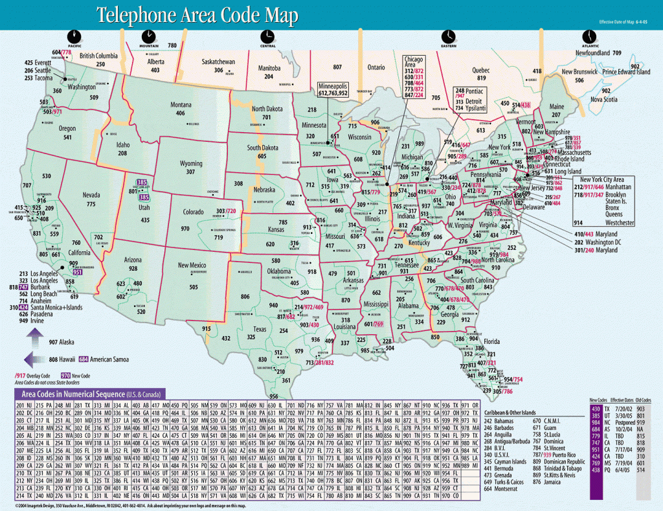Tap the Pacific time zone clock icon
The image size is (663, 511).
pos(74,36)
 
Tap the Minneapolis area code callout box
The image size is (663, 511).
pos(342,89)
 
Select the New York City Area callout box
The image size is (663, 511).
pos(611,201)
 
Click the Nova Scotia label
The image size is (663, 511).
pos(603,99)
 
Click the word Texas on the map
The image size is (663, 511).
pos(260,328)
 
